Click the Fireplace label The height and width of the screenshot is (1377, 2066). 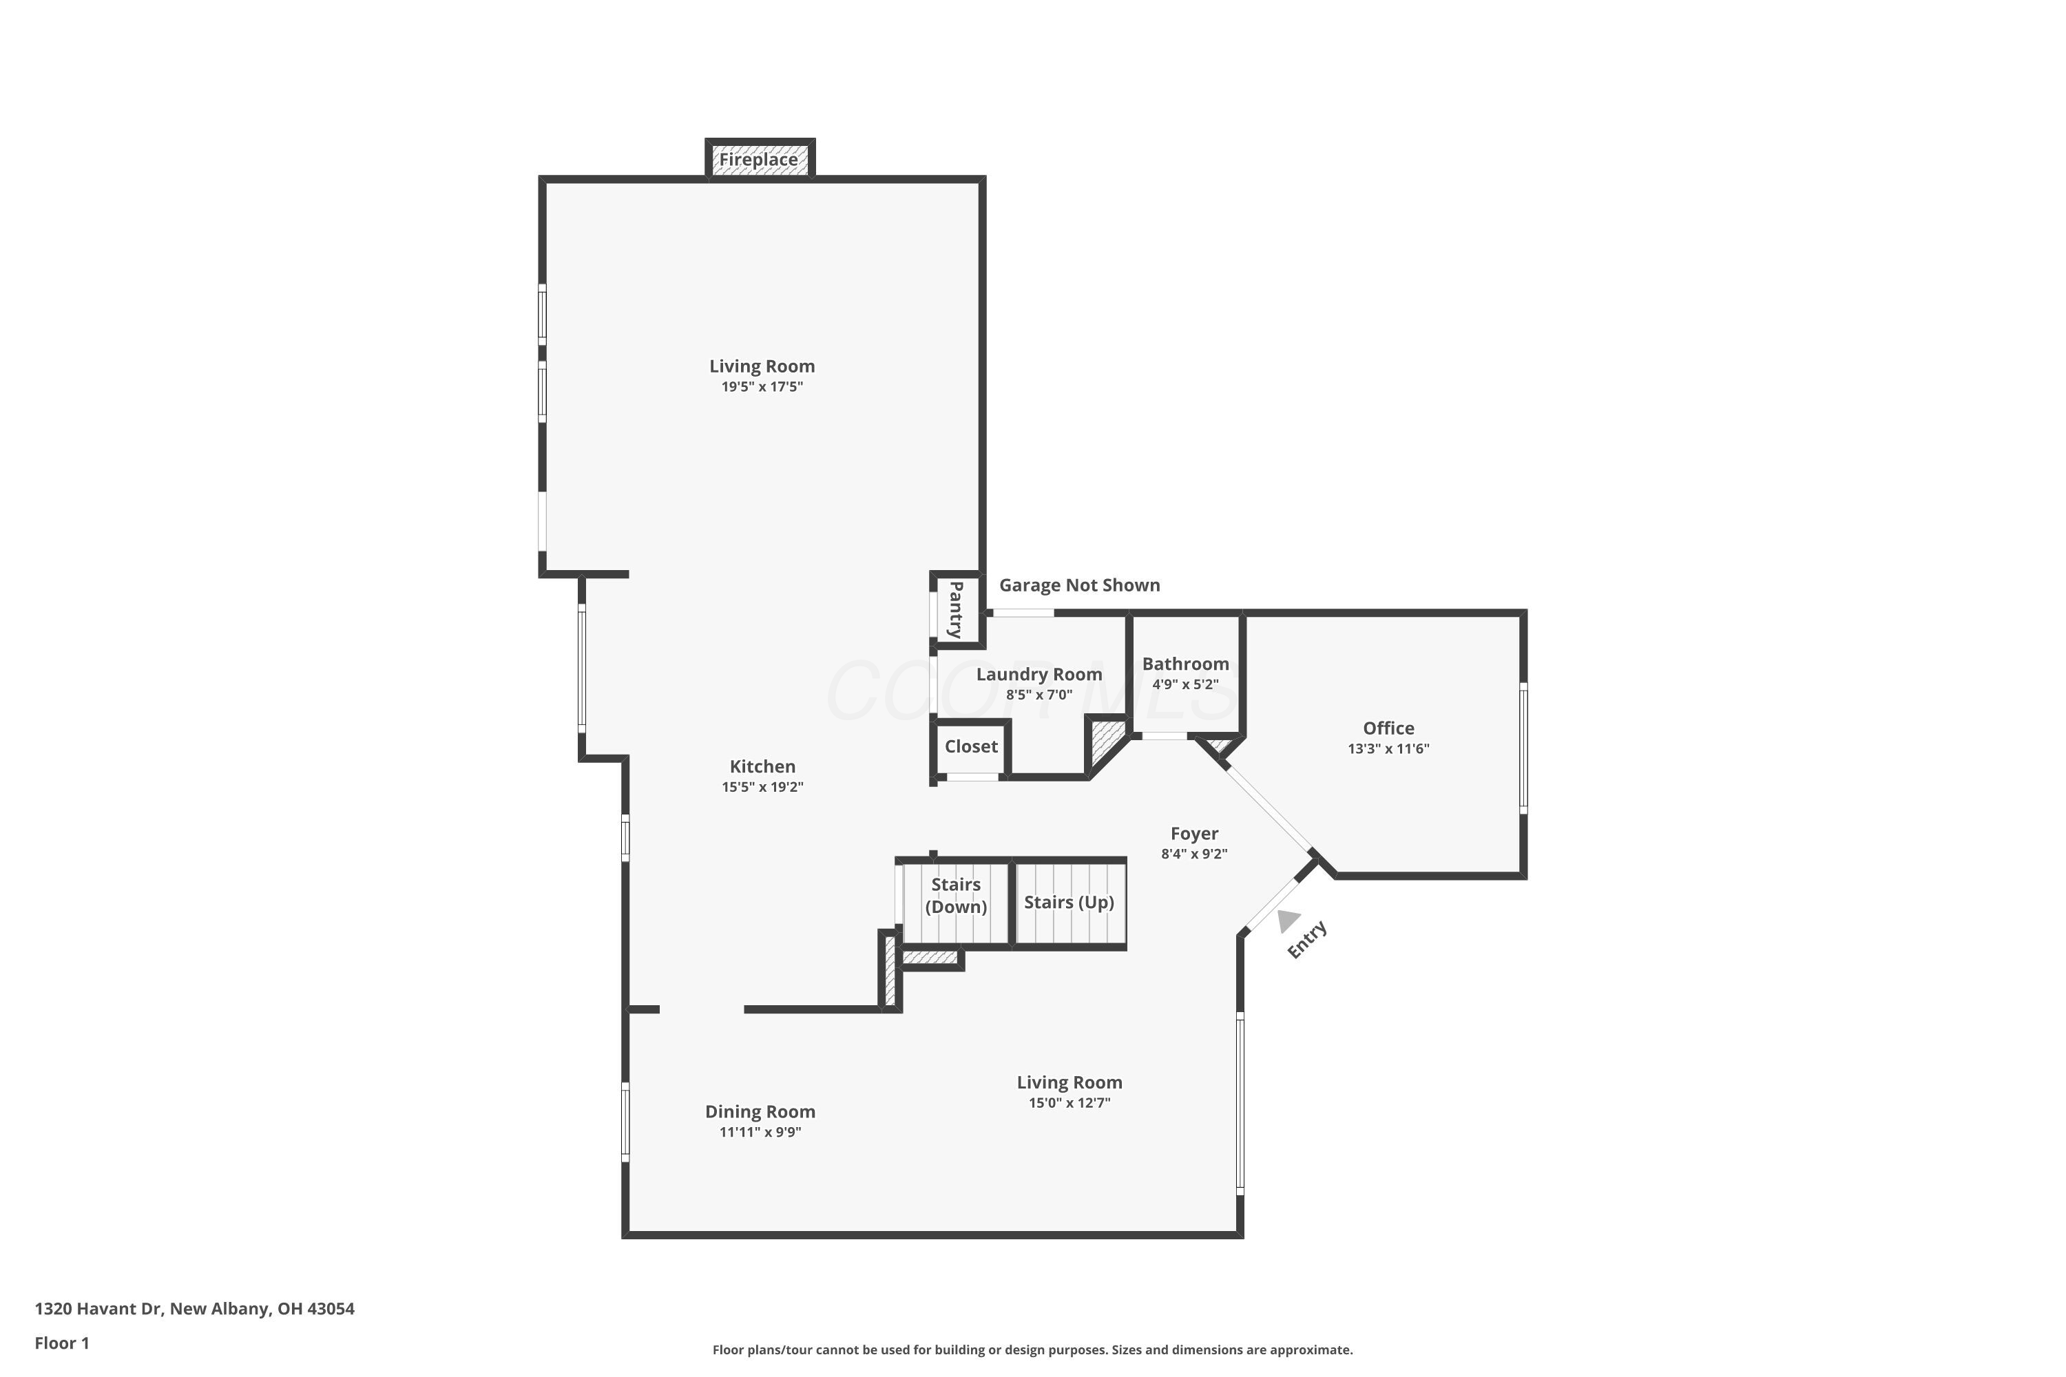(x=759, y=160)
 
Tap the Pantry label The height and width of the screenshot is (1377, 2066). (x=957, y=609)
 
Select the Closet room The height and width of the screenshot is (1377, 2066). (x=970, y=746)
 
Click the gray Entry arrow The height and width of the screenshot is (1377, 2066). (x=1288, y=921)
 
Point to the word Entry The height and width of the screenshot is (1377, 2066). (x=1307, y=940)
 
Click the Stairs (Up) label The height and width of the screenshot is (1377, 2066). (x=1068, y=903)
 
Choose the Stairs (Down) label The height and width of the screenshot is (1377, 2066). (x=956, y=896)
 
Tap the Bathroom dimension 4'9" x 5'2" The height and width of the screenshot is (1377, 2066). (x=1185, y=684)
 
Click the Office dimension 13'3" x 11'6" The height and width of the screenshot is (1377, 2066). (x=1388, y=749)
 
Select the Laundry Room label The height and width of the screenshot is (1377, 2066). (x=1039, y=675)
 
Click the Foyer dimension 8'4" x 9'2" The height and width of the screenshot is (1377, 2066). (x=1193, y=854)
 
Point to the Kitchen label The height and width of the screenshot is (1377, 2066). (x=762, y=767)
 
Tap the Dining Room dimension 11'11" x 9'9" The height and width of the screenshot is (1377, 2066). (x=760, y=1132)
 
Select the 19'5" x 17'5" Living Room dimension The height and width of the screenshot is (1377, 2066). (x=762, y=387)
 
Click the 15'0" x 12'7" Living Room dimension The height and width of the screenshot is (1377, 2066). (x=1069, y=1103)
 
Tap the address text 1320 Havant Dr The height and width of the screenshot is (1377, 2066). (x=194, y=1309)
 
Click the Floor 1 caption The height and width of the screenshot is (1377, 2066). (x=61, y=1343)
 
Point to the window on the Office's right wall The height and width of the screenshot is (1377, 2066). (x=1523, y=748)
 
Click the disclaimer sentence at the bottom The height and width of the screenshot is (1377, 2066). (x=1032, y=1349)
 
